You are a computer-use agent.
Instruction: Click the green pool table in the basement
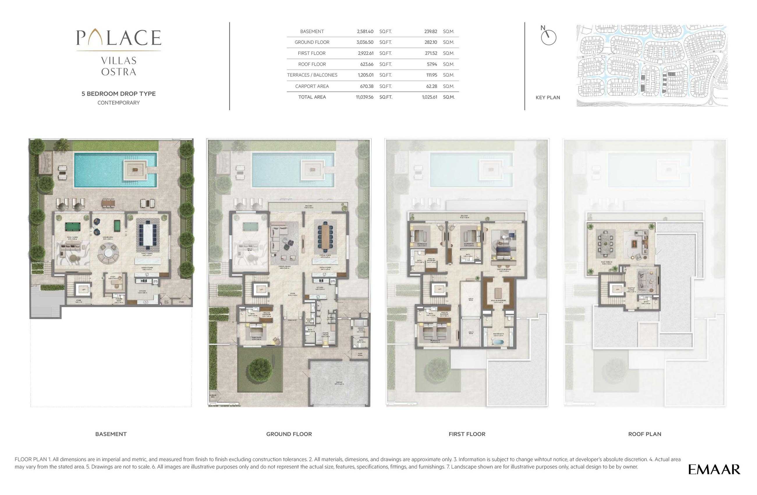[x=73, y=227]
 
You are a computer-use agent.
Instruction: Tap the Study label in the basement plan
[x=113, y=277]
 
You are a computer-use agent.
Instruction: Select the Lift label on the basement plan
[x=83, y=289]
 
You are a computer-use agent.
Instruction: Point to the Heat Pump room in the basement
[x=166, y=301]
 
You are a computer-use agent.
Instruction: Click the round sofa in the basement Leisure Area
[x=108, y=254]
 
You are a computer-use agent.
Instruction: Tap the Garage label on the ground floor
[x=339, y=383]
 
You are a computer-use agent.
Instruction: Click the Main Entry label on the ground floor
[x=292, y=320]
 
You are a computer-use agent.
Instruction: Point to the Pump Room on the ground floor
[x=360, y=354]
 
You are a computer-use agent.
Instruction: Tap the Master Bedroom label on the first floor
[x=504, y=270]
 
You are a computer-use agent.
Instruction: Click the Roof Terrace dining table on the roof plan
[x=606, y=243]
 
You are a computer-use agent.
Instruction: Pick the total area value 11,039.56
[x=364, y=97]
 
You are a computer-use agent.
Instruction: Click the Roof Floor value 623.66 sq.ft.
[x=367, y=64]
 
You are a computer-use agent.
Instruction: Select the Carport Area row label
[x=312, y=86]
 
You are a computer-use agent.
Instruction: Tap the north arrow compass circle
[x=548, y=38]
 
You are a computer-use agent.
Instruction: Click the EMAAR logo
[x=714, y=470]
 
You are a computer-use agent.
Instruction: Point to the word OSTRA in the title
[x=119, y=72]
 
